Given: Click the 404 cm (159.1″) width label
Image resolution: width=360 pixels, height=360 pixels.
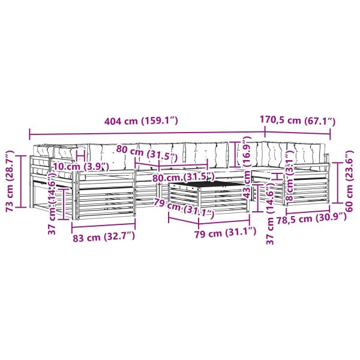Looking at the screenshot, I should click(141, 121).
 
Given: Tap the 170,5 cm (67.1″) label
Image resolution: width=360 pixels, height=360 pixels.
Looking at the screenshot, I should click(297, 120).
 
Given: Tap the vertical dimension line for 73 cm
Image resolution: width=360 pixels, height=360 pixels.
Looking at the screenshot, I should click(22, 181).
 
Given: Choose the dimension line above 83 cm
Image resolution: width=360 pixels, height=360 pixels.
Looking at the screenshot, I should click(103, 226).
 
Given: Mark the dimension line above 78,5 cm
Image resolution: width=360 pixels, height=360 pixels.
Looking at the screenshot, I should click(308, 211).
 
